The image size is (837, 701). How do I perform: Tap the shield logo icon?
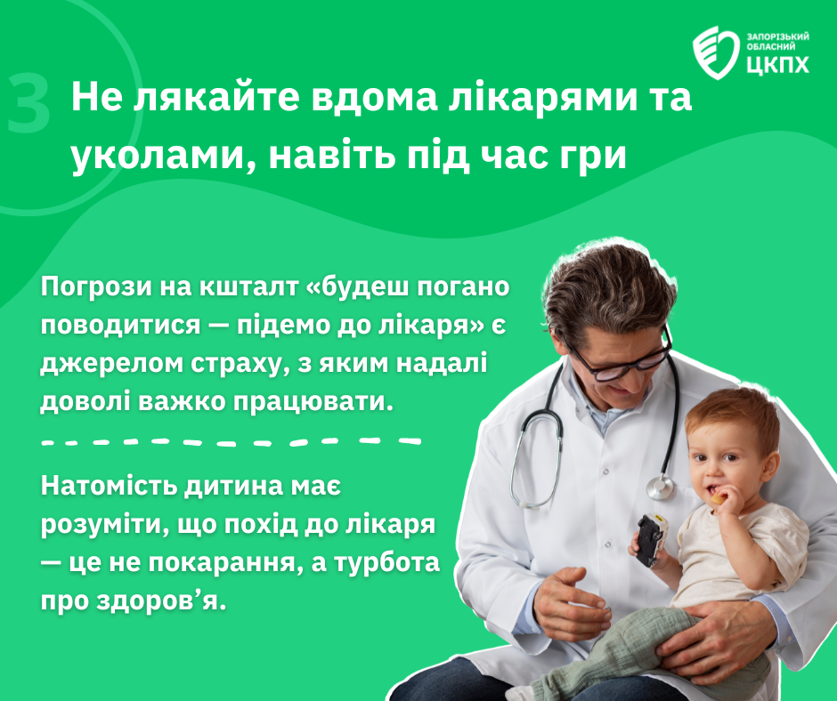point(717,52)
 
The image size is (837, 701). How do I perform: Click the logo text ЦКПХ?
point(777,64)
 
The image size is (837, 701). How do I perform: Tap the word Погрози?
point(97,287)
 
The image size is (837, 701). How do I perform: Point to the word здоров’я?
point(161,600)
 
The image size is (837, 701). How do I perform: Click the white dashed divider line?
point(232,442)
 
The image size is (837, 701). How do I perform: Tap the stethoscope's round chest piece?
point(661,487)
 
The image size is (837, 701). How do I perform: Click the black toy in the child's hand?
point(651,539)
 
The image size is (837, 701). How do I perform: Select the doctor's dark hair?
point(608,288)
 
